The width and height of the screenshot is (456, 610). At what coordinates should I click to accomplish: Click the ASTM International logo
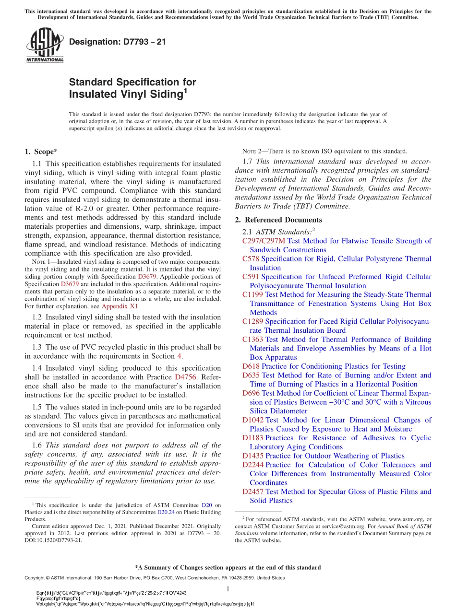pos(45,46)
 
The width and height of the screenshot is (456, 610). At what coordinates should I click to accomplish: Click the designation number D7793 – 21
pos(118,42)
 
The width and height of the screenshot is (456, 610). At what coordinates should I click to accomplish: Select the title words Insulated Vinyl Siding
pos(126,94)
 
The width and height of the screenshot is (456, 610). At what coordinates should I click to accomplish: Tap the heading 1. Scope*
pos(41,152)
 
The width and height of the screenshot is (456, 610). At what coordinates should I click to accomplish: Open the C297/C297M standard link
pos(264,241)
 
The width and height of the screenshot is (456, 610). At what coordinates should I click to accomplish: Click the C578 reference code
pos(251,258)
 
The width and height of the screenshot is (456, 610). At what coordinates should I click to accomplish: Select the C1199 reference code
pos(252,294)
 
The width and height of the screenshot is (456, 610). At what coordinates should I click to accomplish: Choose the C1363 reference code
pos(252,339)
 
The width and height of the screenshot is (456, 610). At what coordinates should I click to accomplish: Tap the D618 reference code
pos(251,366)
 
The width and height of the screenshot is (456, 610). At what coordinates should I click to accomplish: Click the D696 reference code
pos(251,393)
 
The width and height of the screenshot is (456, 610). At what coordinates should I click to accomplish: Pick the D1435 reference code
pos(253,456)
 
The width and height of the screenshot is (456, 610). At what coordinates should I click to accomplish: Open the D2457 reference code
pos(253,492)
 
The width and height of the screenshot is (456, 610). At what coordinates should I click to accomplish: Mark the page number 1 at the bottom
pos(228,589)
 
